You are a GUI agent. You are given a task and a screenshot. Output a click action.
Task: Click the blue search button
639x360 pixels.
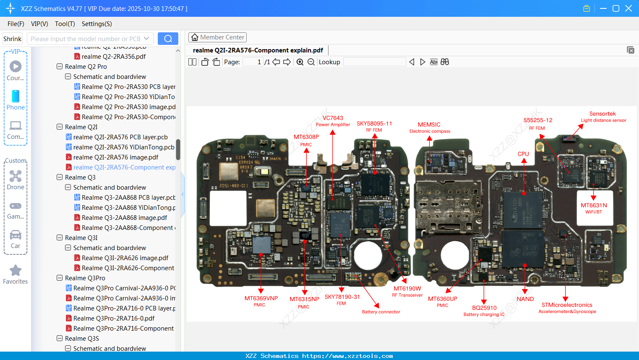point(168,39)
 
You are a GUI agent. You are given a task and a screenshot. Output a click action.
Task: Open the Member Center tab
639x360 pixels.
point(217,37)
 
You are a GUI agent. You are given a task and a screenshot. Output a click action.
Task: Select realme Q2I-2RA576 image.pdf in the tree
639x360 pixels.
point(116,157)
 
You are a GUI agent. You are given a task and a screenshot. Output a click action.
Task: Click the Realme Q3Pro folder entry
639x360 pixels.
point(85,278)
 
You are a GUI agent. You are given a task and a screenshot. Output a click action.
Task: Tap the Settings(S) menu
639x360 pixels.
point(97,24)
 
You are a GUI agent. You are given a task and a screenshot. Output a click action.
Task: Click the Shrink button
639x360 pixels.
point(13,39)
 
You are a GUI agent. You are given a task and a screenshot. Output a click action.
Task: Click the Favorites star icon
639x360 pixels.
point(16,271)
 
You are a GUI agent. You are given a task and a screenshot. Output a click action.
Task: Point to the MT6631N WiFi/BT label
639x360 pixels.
point(594,208)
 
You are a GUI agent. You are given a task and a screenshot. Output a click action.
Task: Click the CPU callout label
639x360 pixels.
point(523,154)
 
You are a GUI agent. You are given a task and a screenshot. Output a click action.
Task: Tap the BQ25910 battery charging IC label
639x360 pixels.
point(484,310)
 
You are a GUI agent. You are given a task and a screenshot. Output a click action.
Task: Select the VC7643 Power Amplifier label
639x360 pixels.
point(333,121)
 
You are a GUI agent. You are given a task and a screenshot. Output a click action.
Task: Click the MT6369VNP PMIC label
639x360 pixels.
point(261,301)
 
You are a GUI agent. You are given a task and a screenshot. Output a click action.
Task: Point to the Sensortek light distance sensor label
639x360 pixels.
point(603,116)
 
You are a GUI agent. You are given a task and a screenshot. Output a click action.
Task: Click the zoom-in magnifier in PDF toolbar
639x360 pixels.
point(300,62)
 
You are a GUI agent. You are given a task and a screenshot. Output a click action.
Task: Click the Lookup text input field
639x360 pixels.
point(374,62)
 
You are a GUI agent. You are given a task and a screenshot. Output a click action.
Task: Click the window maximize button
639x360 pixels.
point(616,8)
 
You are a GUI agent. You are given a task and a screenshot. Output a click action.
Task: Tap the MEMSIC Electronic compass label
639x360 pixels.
point(429,127)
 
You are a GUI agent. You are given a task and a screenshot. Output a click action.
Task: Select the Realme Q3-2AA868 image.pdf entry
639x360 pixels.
point(124,218)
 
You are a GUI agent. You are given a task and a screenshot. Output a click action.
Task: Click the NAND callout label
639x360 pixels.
point(525,299)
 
